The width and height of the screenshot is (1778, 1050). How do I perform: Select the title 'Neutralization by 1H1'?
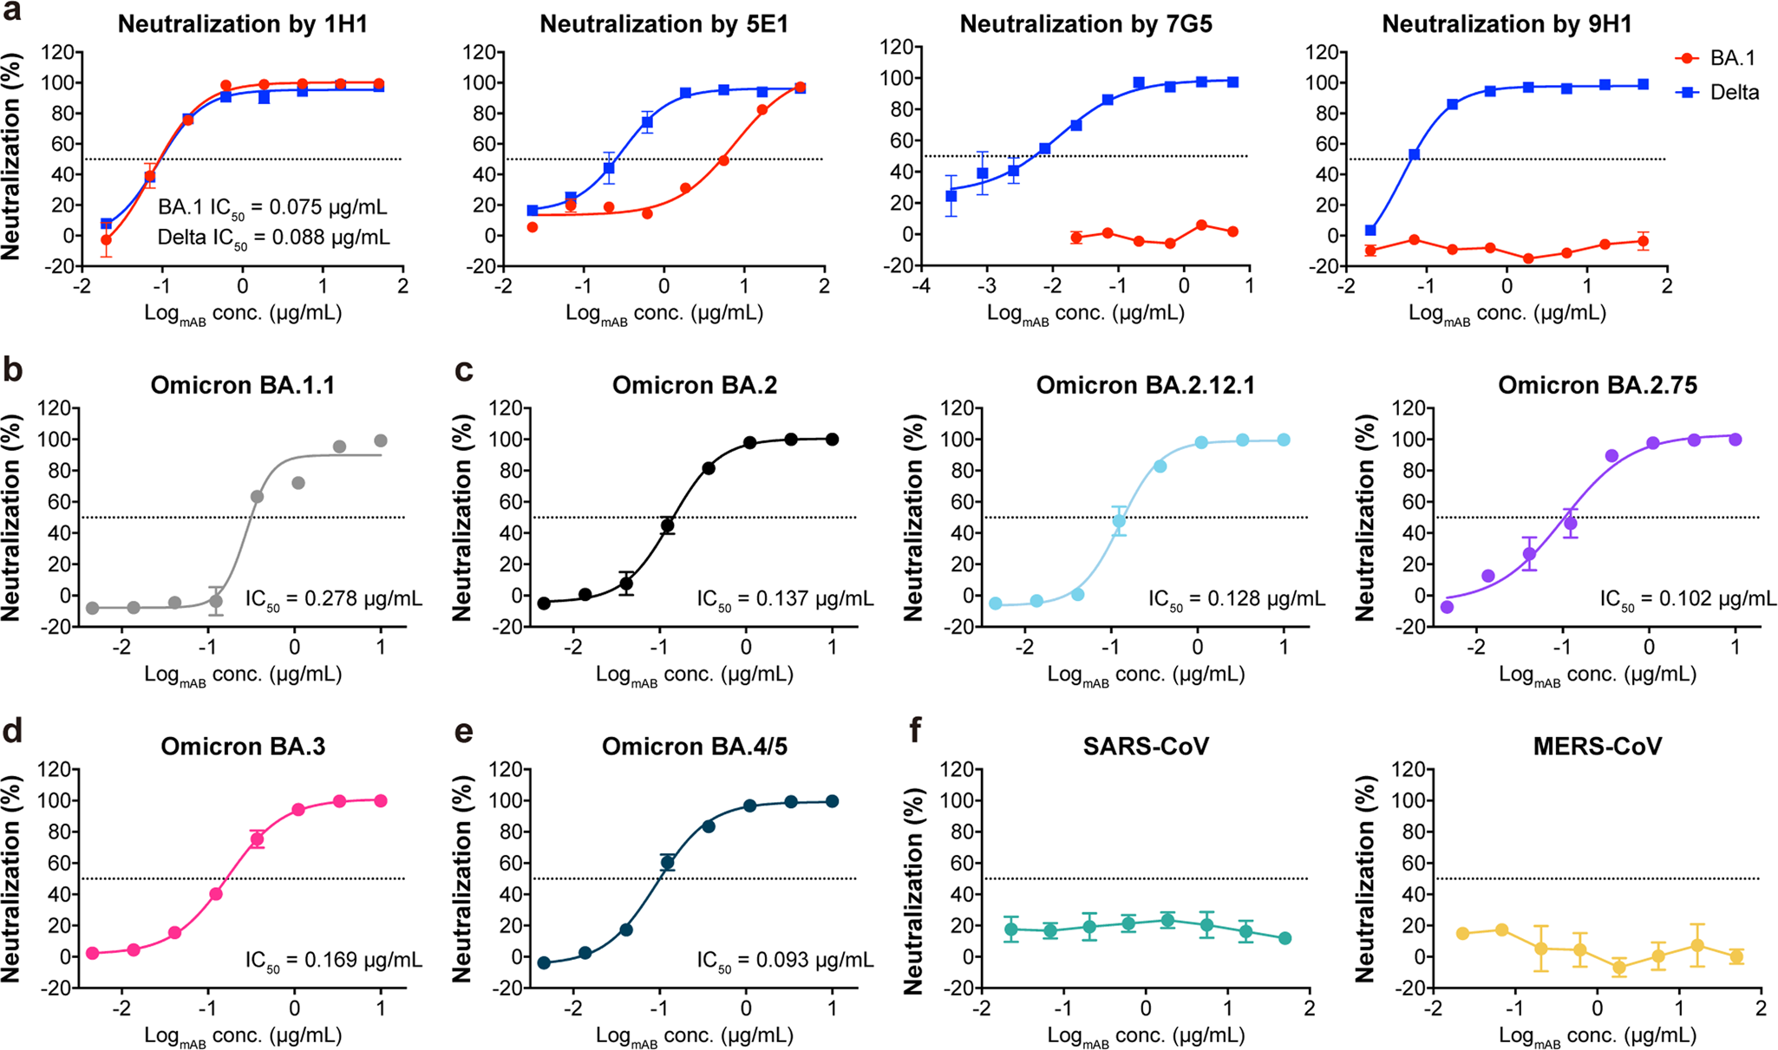[243, 23]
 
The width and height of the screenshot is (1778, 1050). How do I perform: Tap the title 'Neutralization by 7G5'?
[1086, 23]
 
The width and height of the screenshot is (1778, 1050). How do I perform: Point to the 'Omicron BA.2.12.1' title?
[1145, 385]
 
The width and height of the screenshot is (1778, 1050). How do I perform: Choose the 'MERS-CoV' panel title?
[1597, 747]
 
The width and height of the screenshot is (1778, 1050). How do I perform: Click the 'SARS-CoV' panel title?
[1146, 747]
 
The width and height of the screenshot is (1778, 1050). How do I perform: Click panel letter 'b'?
[12, 370]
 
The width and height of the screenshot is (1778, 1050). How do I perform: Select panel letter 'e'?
[464, 733]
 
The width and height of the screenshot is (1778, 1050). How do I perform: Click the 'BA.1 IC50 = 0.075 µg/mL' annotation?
[272, 208]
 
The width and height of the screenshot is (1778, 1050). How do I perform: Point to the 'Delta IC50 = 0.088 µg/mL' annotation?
[273, 238]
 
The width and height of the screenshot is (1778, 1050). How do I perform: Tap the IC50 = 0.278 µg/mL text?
[334, 599]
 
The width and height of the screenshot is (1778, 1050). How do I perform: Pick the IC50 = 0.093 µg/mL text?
[786, 961]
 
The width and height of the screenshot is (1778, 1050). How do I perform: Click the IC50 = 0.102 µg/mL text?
[1688, 599]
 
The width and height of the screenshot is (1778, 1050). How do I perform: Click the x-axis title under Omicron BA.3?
[243, 1036]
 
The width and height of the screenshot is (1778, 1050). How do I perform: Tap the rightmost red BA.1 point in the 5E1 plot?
[800, 88]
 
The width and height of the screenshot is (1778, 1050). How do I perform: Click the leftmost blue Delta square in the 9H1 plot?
[1370, 231]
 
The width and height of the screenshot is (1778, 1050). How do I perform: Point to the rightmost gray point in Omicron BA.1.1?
[381, 441]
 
